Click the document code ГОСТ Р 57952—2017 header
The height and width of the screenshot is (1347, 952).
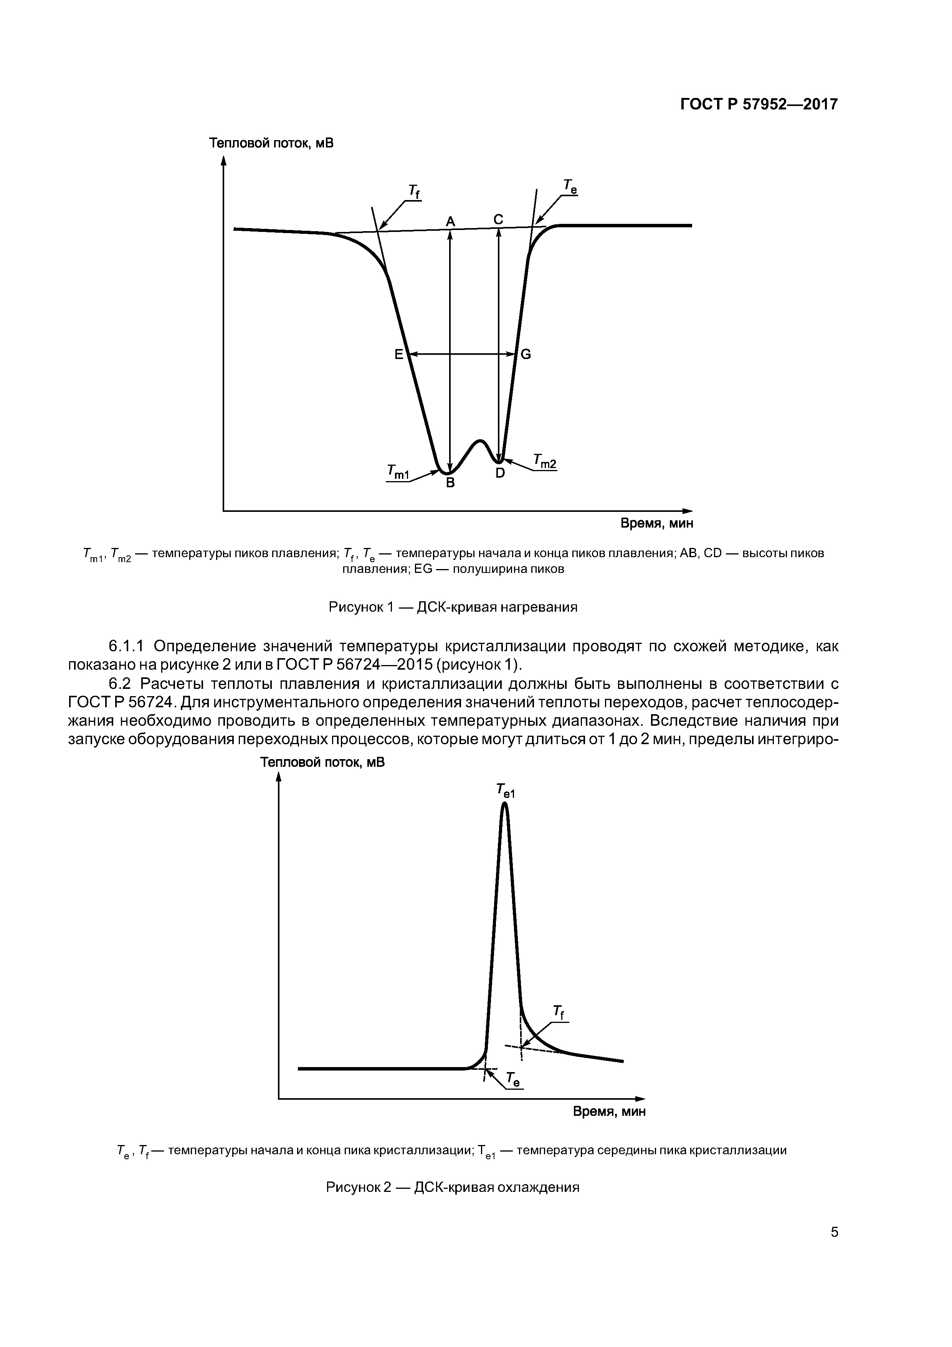click(759, 104)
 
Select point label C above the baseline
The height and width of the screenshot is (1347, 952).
click(498, 219)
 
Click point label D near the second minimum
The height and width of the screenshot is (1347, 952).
click(500, 473)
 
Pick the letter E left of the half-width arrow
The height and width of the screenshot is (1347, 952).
click(398, 354)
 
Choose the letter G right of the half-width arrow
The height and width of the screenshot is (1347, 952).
click(526, 354)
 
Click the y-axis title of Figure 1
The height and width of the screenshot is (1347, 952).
click(271, 142)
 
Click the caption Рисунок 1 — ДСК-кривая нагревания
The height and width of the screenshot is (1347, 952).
click(453, 607)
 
